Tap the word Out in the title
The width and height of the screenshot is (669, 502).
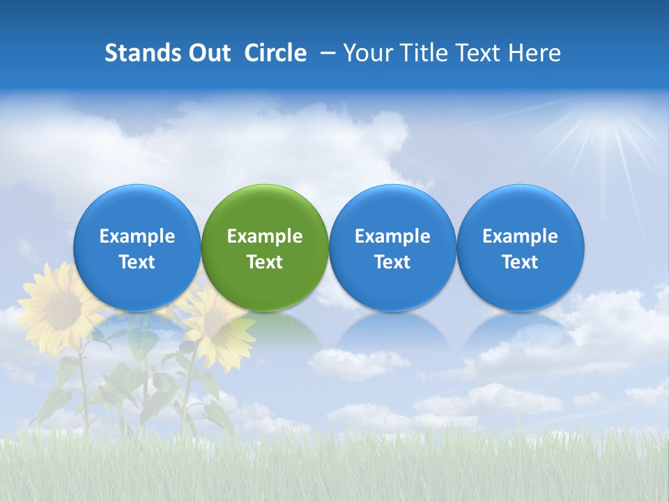point(208,53)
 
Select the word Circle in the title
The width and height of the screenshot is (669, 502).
point(275,53)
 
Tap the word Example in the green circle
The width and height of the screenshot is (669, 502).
point(265,236)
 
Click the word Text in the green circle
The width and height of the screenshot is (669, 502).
point(265,262)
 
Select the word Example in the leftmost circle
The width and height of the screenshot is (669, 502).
point(137,236)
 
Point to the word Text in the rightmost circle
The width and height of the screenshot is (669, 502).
point(520,262)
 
